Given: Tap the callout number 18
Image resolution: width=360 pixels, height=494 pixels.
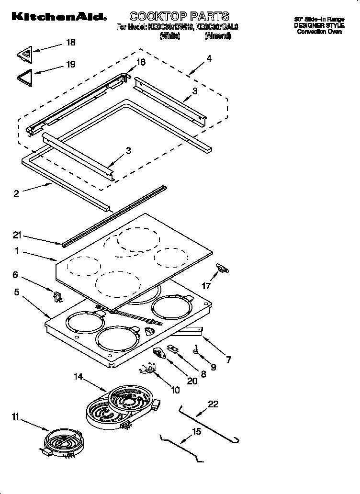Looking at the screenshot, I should [x=70, y=43].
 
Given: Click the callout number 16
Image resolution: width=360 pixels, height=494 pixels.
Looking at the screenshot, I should [x=141, y=62].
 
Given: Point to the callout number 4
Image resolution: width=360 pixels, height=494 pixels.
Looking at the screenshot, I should [x=209, y=59].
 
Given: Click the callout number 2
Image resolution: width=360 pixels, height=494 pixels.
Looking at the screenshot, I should [x=16, y=193].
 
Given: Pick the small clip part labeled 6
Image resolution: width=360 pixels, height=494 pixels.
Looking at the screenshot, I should [x=58, y=297].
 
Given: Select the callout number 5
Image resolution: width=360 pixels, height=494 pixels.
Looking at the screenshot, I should [x=17, y=292].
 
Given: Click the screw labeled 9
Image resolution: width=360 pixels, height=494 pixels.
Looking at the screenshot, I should [x=197, y=349].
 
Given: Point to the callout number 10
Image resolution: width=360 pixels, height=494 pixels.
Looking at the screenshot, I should [x=175, y=390].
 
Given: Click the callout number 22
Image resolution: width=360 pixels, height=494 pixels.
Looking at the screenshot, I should [x=213, y=404].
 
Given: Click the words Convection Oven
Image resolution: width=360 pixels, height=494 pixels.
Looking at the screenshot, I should [x=319, y=32].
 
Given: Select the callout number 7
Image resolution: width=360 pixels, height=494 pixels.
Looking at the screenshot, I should [x=228, y=359].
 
